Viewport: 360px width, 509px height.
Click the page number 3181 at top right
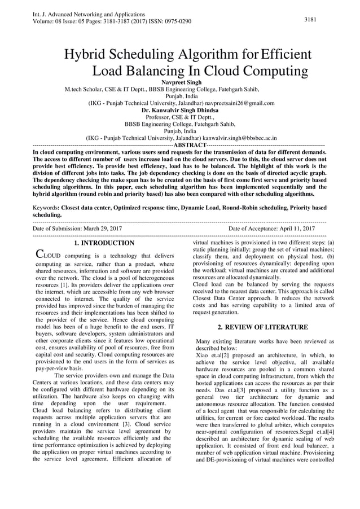tap(310, 20)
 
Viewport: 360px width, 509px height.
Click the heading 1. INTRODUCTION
tap(104, 243)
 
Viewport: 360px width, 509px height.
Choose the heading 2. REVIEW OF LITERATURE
tap(262, 327)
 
